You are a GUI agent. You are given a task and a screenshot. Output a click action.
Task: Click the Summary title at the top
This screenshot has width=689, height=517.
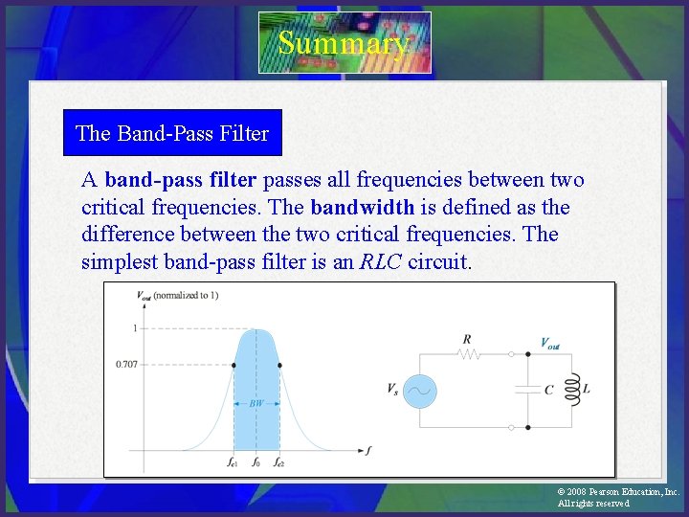click(x=344, y=43)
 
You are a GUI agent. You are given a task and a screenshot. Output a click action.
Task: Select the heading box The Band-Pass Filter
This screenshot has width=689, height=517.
click(x=172, y=133)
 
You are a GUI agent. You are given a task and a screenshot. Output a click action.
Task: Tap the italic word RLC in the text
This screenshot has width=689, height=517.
click(x=380, y=261)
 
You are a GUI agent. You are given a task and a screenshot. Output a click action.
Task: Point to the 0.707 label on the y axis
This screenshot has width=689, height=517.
click(x=125, y=364)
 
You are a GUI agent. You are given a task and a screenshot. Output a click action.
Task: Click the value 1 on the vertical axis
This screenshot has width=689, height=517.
click(x=135, y=328)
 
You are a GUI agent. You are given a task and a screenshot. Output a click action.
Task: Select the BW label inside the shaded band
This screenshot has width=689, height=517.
click(x=256, y=404)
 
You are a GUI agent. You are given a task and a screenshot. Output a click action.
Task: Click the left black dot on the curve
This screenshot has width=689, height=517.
click(x=233, y=364)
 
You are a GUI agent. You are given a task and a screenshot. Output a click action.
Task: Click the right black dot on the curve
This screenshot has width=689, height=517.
click(x=278, y=364)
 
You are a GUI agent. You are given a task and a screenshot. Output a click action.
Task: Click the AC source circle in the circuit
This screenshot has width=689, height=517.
click(x=419, y=390)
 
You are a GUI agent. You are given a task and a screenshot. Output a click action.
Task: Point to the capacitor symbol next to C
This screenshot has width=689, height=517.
click(x=527, y=390)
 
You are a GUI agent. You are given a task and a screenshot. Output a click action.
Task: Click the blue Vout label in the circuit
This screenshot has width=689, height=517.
click(x=550, y=343)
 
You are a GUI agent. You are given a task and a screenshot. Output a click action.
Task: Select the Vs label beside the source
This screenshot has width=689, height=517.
click(x=392, y=390)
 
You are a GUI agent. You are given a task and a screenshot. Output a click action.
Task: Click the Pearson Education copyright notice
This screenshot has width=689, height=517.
click(x=617, y=497)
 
